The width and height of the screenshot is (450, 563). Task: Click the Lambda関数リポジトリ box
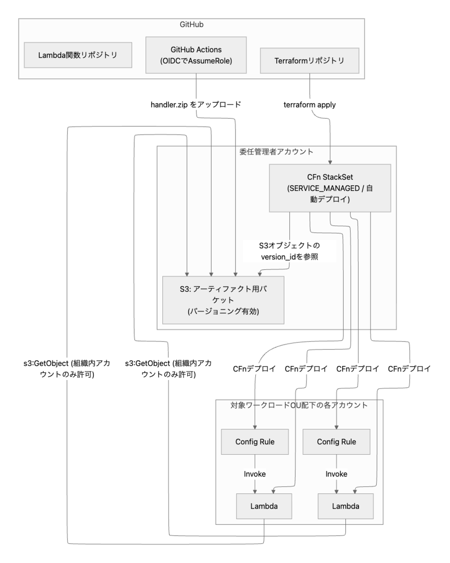click(78, 55)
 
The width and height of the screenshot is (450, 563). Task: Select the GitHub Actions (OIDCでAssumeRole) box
click(196, 55)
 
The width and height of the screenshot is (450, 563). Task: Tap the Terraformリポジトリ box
click(310, 61)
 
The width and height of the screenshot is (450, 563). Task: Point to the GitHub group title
click(191, 24)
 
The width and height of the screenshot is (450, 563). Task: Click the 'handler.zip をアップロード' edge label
click(196, 105)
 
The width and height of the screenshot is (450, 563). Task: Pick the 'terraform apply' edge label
click(310, 105)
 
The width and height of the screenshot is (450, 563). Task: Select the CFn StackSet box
click(330, 188)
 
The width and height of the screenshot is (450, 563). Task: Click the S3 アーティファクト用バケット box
click(223, 300)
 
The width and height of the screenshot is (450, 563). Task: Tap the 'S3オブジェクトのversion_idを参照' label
click(290, 251)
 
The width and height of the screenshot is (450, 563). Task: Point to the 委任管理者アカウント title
click(276, 152)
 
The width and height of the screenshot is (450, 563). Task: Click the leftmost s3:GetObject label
click(67, 369)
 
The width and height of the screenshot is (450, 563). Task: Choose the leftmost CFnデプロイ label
click(254, 369)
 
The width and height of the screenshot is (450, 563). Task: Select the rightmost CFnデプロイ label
click(409, 369)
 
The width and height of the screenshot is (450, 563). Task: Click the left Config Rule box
click(255, 441)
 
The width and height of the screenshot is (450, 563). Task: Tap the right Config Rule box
click(336, 441)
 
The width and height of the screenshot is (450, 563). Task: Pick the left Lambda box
click(264, 506)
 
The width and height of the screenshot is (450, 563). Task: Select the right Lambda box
click(346, 506)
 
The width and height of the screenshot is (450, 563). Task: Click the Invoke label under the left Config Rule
click(255, 474)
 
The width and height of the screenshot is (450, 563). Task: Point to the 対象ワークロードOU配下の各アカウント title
click(299, 405)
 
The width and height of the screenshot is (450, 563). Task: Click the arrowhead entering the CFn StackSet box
click(330, 162)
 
